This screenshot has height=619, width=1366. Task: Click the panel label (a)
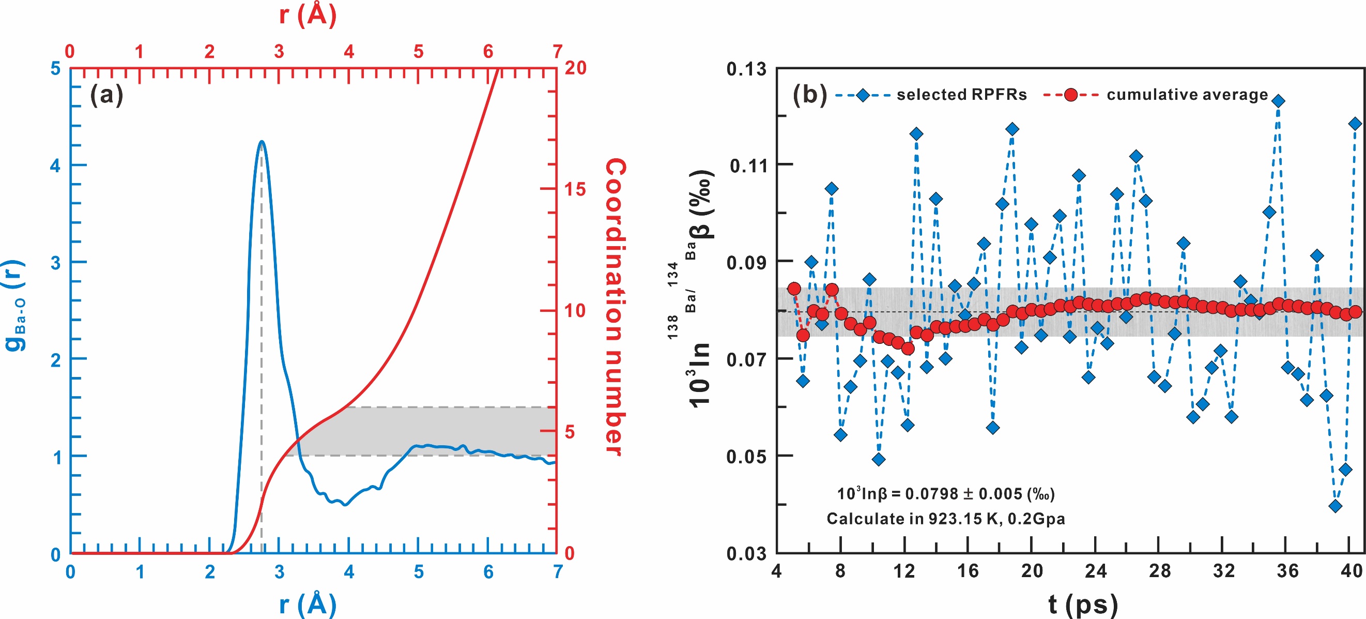(x=106, y=96)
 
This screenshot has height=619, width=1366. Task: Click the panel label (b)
(x=810, y=95)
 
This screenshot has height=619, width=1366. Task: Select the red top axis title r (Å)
(x=308, y=14)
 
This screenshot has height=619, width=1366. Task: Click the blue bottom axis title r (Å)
(x=308, y=604)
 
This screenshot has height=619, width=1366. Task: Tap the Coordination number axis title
(x=616, y=307)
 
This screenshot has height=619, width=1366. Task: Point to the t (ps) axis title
(x=1083, y=604)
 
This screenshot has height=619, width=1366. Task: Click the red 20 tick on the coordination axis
(x=575, y=68)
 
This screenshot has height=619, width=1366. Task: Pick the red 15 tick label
(x=575, y=189)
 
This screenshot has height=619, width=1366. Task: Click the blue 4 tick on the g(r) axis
(x=56, y=165)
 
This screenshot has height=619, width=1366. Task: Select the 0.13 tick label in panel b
(x=746, y=69)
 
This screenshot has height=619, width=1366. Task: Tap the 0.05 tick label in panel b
(x=746, y=456)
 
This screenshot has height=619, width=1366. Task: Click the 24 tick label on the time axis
(x=1096, y=571)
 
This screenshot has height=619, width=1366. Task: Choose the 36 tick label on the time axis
(x=1287, y=571)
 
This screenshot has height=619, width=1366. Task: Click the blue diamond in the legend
(x=863, y=96)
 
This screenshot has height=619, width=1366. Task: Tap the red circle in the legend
(x=1071, y=96)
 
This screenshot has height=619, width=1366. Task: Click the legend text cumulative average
(x=1187, y=95)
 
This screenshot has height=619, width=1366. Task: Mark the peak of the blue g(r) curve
(x=262, y=141)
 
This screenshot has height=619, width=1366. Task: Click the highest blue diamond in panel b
(x=1279, y=101)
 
